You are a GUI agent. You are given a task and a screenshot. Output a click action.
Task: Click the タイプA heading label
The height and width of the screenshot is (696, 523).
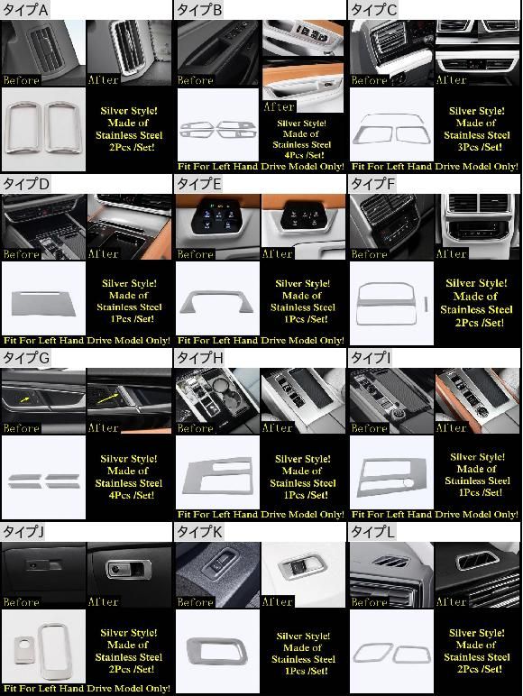coord(25,10)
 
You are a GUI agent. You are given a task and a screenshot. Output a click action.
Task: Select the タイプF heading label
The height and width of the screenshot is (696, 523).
coord(373,184)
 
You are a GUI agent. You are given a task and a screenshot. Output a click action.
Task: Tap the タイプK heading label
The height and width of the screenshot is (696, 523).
coord(199,532)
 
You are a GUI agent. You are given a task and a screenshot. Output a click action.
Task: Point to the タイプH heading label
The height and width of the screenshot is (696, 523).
coord(200,358)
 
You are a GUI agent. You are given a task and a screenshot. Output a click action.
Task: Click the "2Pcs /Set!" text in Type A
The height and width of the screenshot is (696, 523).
coord(132,147)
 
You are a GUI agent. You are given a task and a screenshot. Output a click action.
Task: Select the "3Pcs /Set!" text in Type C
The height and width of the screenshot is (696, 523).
coord(480,147)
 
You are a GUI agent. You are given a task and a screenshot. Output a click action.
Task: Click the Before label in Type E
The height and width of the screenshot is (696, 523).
coord(195,254)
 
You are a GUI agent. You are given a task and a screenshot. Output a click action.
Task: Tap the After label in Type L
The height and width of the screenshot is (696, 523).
coord(451,602)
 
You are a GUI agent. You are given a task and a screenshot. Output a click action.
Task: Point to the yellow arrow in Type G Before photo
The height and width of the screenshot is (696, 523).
coord(25,400)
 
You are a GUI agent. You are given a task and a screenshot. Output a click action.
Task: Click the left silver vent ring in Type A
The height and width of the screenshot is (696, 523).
coord(23,127)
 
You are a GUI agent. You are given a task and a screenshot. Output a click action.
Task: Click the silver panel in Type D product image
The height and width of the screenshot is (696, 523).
coord(43,303)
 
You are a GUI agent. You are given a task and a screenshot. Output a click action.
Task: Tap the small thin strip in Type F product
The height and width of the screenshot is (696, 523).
coord(426,304)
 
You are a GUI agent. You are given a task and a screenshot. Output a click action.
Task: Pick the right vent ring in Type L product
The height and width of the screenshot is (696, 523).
coord(411,655)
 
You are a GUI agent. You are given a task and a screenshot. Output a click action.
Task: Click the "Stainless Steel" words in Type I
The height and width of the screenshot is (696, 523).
coord(478,481)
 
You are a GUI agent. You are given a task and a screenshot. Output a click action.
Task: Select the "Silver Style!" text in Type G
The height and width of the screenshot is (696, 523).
coord(129,459)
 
